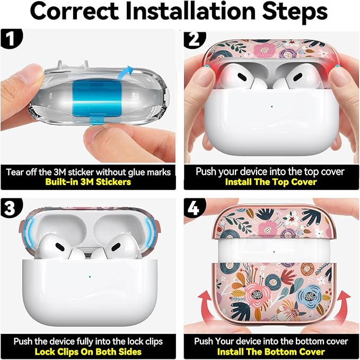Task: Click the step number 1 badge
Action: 11,38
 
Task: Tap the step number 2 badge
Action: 194,39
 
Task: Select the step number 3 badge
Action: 10,208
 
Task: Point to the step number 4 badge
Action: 194,208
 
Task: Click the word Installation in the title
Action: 190,12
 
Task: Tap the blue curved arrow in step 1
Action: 125,72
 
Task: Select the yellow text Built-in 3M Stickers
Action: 88,182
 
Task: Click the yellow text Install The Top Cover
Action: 271,182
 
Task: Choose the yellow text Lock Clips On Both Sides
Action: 88,352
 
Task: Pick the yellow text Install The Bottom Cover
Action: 271,352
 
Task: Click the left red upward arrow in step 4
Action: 207,306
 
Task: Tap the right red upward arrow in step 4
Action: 342,306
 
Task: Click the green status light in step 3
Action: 90,277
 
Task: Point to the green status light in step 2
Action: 272,107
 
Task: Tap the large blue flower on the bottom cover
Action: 309,297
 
